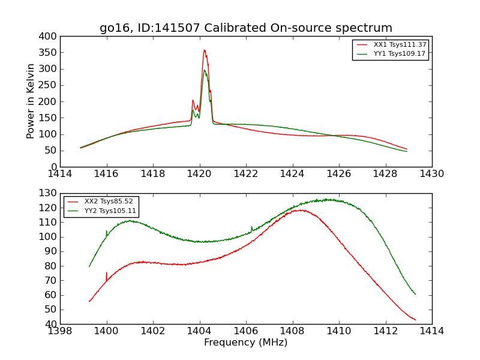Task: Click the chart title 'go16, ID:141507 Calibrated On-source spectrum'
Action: (246, 28)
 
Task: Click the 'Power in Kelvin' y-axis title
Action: (31, 102)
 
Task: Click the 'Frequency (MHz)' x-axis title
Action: (245, 343)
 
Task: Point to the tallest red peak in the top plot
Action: (204, 50)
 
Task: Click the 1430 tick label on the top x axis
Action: (431, 174)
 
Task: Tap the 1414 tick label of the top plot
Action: (60, 174)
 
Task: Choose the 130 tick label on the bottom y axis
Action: (49, 193)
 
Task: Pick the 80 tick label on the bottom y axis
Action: (51, 266)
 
